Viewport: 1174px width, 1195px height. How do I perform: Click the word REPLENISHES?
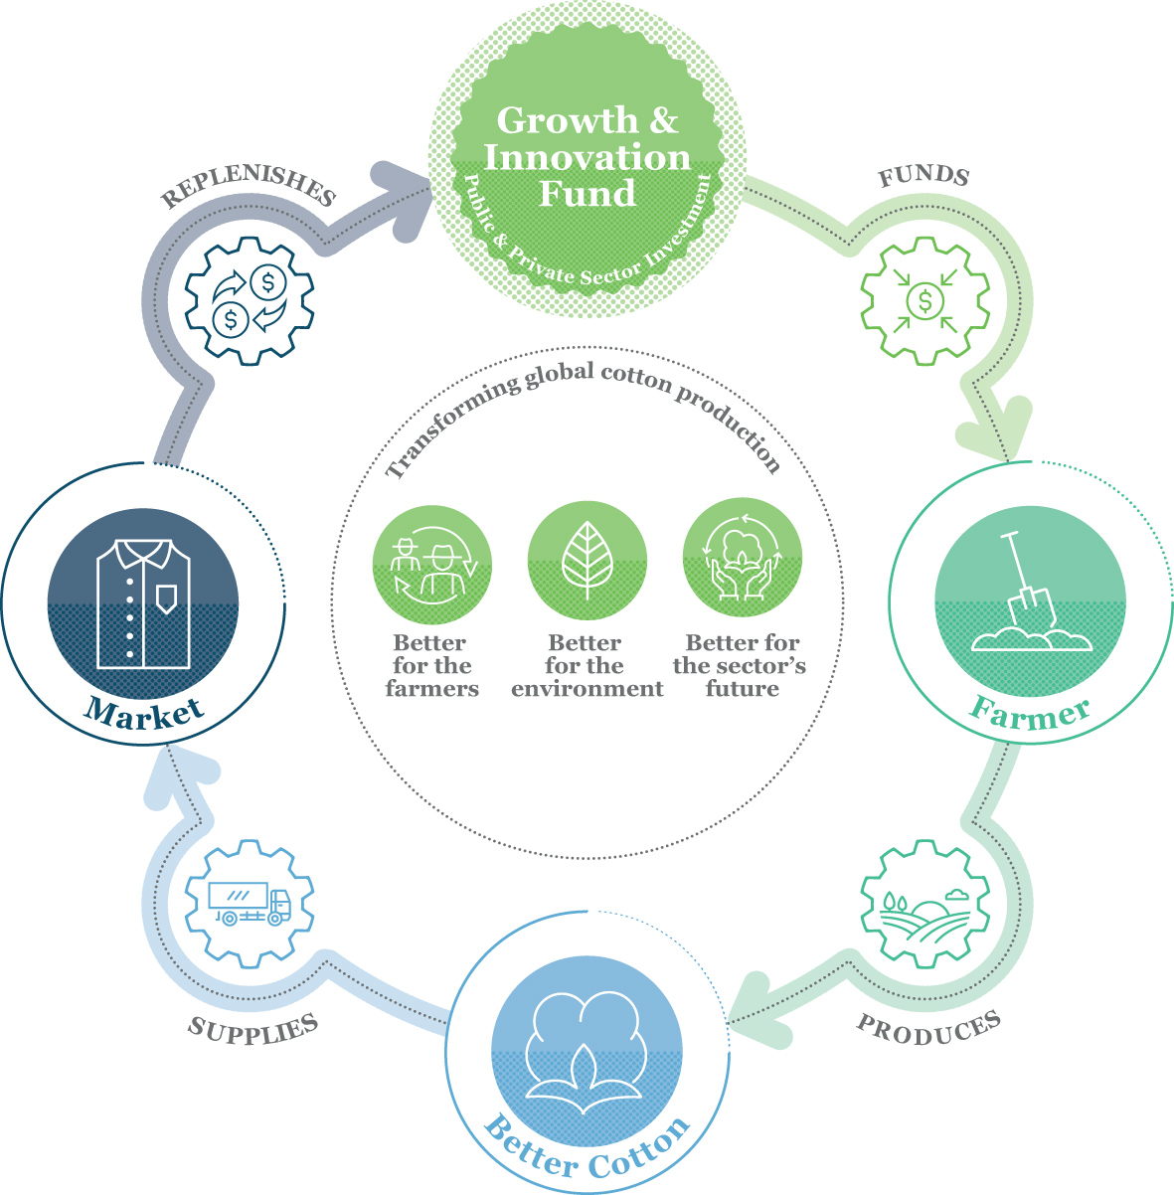coord(249,185)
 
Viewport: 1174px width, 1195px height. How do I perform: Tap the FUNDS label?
coord(924,176)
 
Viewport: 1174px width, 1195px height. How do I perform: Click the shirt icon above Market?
coord(143,604)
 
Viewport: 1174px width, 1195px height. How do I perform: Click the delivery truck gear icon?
coord(250,904)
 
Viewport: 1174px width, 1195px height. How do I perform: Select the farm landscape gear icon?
coord(925,904)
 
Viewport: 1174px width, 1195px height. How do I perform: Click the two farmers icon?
coord(432,566)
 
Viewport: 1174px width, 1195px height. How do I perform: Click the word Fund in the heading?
coord(587,193)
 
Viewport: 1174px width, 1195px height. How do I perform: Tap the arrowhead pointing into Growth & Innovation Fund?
coord(405,200)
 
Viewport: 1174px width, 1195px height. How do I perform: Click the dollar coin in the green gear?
coord(924,301)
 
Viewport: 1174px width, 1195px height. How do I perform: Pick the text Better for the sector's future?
coord(740,665)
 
